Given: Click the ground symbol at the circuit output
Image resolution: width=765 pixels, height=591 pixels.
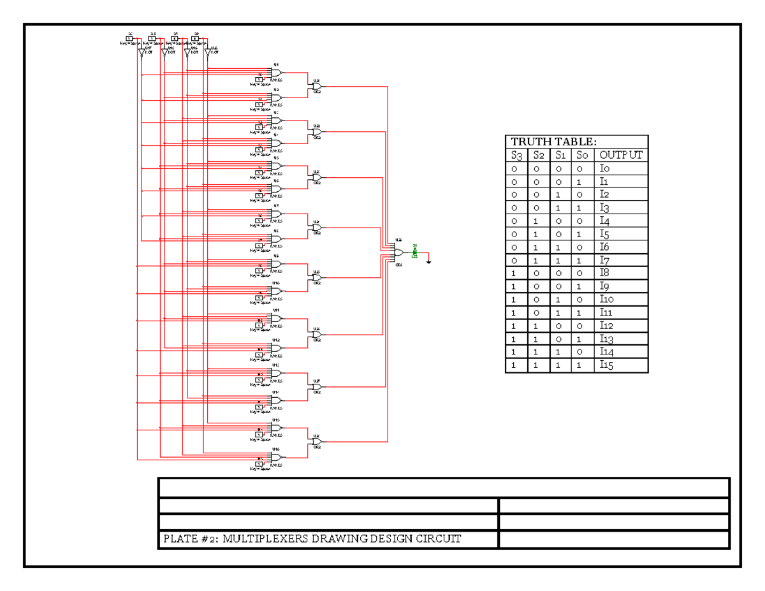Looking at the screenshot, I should coord(430,260).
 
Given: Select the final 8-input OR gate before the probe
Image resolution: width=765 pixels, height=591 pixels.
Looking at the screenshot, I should coord(398,252).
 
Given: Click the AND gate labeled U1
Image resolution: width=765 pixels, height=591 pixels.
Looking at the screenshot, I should coord(276,73).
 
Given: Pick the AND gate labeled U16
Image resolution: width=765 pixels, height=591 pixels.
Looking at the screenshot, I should coord(276,457).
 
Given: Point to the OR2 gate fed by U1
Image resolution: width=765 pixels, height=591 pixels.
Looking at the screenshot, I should coord(317,86).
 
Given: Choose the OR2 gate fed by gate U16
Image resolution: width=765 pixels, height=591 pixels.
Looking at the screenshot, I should coord(317,441).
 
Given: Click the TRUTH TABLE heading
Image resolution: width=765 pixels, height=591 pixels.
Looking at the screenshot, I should coord(553,142).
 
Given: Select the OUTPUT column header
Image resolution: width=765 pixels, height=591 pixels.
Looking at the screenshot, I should coord(621,155).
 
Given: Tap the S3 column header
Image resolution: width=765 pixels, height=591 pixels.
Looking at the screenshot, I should coord(516,155).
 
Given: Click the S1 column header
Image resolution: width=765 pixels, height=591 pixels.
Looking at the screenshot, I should coord(560,155).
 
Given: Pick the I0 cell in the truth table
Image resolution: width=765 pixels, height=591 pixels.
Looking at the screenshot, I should coord(604,168).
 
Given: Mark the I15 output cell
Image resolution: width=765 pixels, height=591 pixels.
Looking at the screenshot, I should coord(606,365).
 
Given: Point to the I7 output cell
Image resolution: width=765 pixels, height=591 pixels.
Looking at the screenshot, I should coord(604,260).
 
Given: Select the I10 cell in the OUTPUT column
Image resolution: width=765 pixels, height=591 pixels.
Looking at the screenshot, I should coord(606,300).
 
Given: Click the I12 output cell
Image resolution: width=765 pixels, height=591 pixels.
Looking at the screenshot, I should coord(606,326).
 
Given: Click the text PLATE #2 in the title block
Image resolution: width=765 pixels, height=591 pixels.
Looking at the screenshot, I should coord(187,539).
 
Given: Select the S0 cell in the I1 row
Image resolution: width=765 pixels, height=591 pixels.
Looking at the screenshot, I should coord(582,182).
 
